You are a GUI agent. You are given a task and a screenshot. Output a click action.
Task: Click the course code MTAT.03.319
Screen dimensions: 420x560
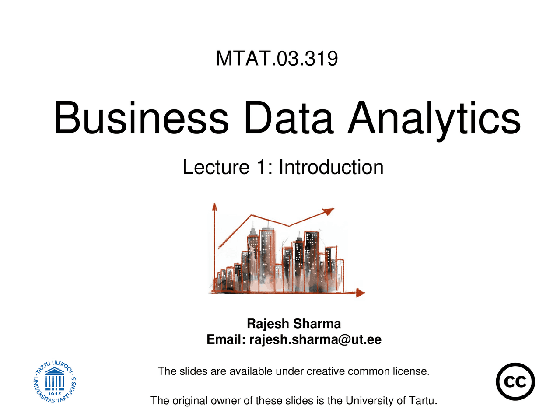277,59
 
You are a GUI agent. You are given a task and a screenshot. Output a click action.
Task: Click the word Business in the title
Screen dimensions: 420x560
141,118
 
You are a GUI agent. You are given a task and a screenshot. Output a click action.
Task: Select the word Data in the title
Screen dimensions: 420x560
289,118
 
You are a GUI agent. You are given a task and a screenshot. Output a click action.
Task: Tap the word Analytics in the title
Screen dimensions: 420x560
434,118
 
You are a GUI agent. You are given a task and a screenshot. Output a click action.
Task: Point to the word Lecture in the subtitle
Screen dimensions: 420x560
216,167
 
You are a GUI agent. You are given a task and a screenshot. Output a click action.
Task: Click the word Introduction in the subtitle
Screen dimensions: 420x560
331,167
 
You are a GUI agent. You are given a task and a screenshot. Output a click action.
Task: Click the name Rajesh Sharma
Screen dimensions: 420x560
294,324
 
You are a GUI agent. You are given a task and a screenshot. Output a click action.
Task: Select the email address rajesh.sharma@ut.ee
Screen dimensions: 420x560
315,339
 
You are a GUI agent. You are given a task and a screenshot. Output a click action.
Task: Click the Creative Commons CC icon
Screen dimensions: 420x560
515,381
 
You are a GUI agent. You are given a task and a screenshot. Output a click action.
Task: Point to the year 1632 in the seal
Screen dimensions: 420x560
55,393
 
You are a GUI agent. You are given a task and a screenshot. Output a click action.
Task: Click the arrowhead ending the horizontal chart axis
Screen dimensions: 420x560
360,293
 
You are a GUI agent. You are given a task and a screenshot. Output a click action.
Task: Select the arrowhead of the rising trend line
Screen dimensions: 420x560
329,211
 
